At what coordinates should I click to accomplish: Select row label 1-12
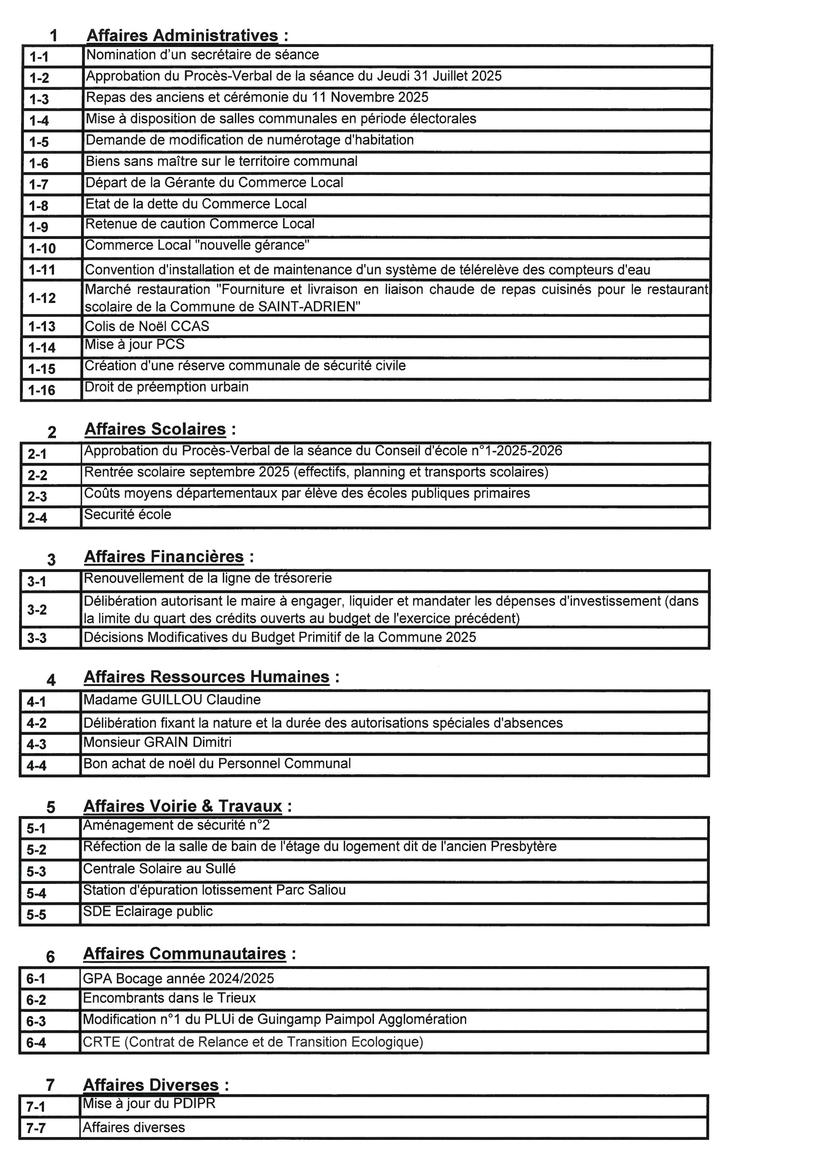pos(42,298)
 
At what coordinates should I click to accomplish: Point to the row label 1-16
pos(42,390)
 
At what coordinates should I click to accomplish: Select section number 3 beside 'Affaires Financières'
pos(51,559)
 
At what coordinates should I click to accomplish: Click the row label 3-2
pos(37,609)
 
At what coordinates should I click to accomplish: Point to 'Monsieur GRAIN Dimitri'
pos(157,742)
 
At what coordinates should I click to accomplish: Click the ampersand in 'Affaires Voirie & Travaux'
pos(207,806)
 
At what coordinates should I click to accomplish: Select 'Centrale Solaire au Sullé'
pos(159,868)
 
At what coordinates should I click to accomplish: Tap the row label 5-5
pos(36,915)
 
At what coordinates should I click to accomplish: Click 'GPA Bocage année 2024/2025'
pos(178,978)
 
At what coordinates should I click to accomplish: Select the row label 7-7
pos(36,1128)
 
